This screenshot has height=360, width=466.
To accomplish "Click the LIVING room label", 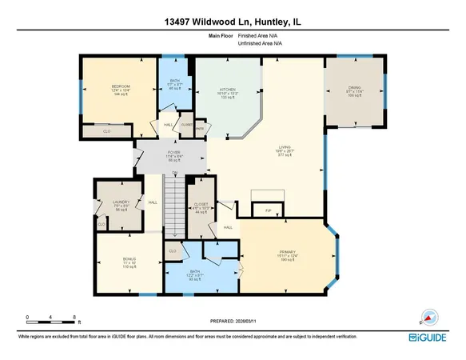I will coord(284,147).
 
